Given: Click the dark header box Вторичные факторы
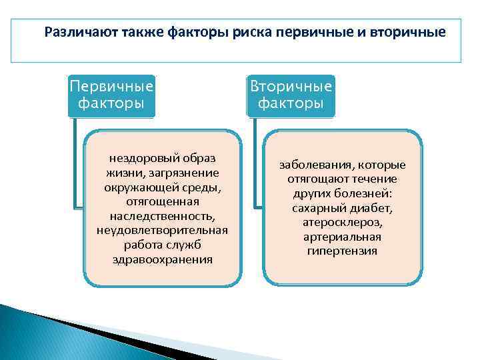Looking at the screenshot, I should click(291, 95).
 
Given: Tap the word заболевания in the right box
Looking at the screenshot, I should click(316, 165).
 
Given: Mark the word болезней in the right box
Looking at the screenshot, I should click(367, 193).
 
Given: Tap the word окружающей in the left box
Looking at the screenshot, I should click(139, 187).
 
